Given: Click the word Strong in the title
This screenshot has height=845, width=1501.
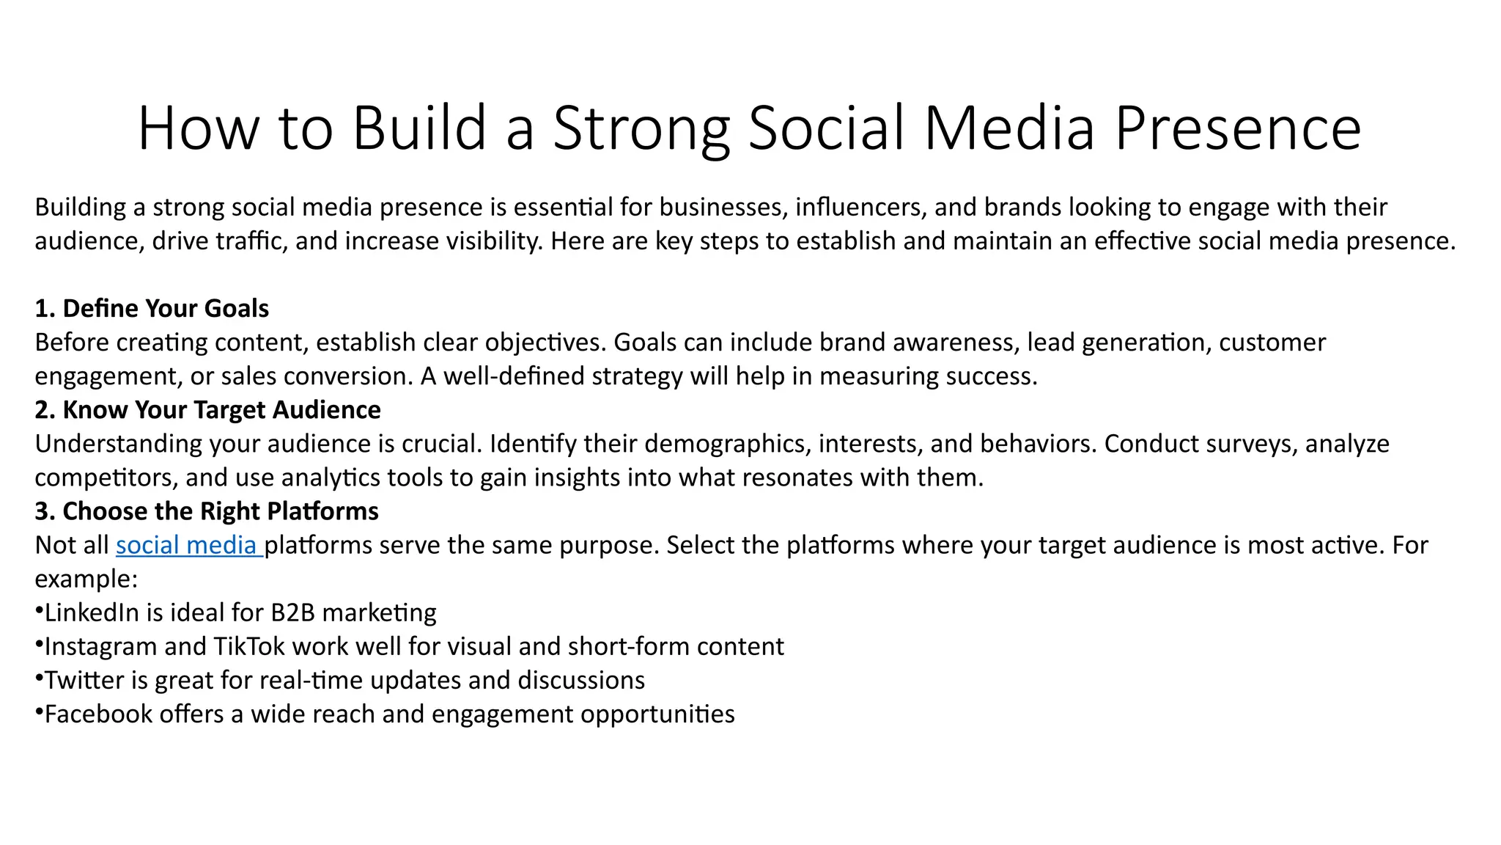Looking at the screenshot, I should click(641, 129).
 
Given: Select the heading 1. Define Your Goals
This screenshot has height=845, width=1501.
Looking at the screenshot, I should click(152, 309).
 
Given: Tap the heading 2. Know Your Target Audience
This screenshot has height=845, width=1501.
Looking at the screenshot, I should click(207, 410).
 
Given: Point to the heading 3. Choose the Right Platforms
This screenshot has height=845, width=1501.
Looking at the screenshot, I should click(207, 511).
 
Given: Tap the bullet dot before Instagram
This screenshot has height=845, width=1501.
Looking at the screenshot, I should click(39, 644).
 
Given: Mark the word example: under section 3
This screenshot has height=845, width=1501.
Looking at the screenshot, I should click(86, 579).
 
